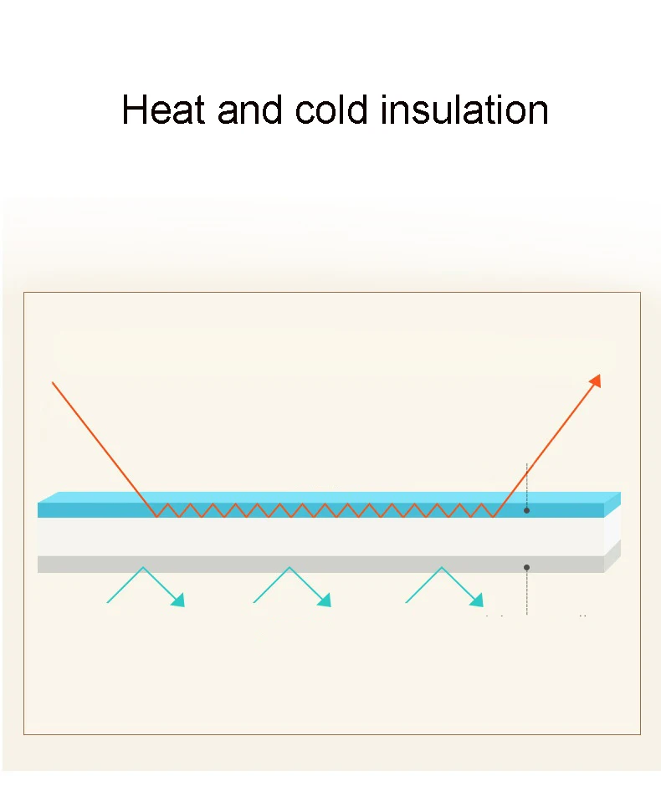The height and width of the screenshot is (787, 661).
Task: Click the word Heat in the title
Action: click(162, 110)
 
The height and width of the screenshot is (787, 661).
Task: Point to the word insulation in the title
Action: click(464, 110)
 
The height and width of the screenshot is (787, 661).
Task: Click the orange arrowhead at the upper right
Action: click(595, 380)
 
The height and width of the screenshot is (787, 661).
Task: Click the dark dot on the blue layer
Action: click(526, 510)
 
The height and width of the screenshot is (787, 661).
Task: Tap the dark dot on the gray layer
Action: click(526, 567)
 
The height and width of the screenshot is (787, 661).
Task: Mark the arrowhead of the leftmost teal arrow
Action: click(178, 600)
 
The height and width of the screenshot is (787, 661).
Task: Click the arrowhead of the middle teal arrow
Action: click(325, 600)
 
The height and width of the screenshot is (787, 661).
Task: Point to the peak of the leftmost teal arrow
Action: click(143, 568)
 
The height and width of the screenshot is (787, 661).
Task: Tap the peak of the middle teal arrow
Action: click(290, 568)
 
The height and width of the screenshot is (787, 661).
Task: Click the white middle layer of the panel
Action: click(318, 536)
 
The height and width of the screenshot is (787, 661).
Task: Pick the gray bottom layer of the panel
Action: click(318, 565)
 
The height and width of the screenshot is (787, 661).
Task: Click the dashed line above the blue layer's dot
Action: click(526, 481)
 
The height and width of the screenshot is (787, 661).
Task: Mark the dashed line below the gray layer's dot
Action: click(526, 594)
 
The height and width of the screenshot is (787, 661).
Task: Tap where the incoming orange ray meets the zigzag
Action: click(156, 516)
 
